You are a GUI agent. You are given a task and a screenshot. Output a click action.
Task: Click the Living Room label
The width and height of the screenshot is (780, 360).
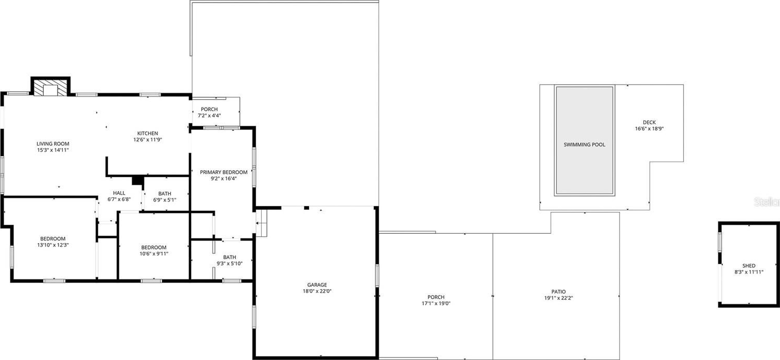coord(53,144)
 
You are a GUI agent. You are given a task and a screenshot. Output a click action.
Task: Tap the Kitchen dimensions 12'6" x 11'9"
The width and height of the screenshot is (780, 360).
coord(147,140)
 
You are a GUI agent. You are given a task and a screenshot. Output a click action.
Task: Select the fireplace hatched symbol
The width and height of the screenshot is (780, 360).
coord(50,87)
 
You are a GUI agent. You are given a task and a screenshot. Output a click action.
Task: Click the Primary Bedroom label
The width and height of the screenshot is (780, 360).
coord(223,172)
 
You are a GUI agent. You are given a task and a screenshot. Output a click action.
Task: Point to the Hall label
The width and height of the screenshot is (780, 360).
coord(119,193)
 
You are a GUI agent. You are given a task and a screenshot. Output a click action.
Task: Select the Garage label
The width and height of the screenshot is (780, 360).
coord(317,285)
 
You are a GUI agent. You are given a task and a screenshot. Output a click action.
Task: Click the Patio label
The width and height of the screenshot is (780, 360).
coord(559,292)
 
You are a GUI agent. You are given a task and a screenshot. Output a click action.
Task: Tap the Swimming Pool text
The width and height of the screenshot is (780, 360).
coord(584,144)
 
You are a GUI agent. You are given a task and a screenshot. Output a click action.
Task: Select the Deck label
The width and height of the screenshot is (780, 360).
coord(649,122)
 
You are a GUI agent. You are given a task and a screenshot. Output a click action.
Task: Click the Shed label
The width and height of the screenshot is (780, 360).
coord(749,265)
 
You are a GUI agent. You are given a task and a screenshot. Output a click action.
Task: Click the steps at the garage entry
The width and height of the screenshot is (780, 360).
coord(261,223)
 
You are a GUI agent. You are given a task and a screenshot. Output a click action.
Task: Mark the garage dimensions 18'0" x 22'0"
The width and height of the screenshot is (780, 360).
coord(317,291)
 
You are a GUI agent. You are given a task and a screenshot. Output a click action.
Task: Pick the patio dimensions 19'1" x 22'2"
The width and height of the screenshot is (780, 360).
coord(559,298)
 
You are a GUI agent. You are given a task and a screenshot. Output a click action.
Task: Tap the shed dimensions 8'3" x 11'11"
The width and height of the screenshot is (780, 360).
coord(749,272)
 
